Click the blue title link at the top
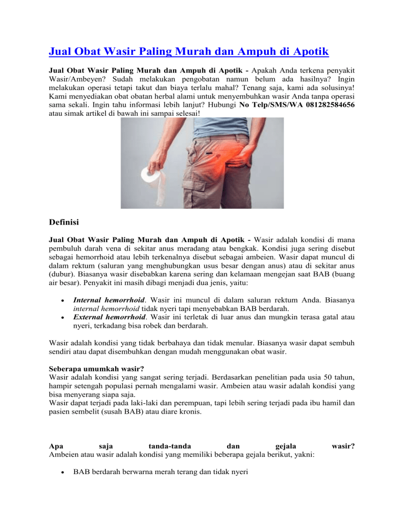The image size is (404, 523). [x=188, y=52]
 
